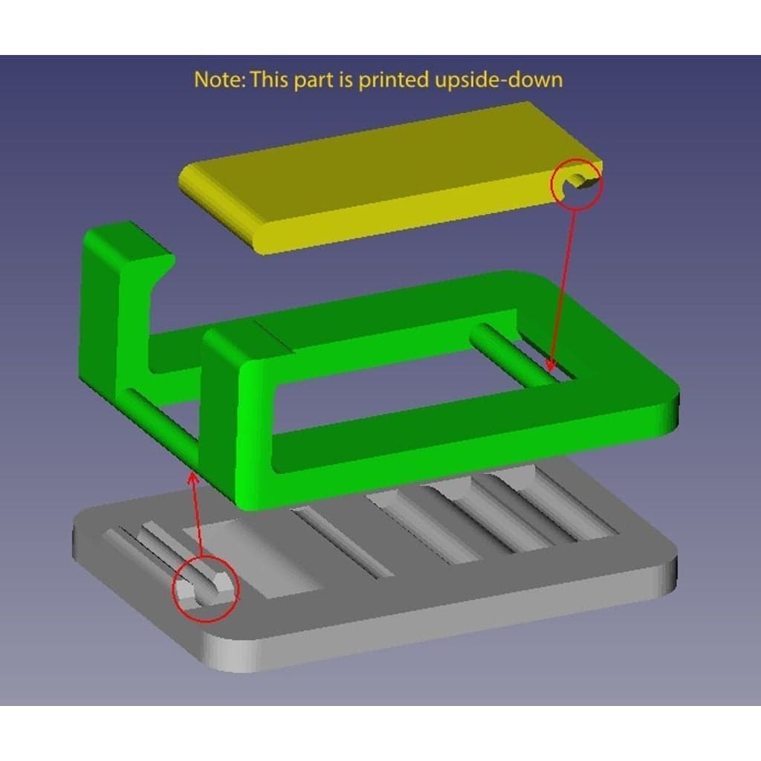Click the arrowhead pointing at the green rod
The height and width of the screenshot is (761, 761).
click(551, 364)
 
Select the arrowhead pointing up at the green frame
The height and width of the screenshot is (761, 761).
click(193, 479)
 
